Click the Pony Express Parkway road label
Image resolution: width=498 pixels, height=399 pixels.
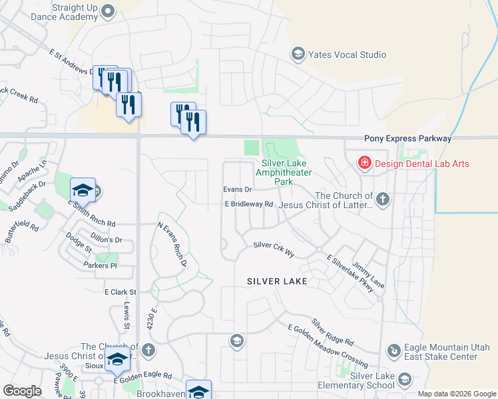pyautogui.click(x=407, y=139)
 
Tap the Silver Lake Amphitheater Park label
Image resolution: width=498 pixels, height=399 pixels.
pyautogui.click(x=287, y=172)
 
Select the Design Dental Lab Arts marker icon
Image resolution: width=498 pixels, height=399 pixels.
pyautogui.click(x=364, y=163)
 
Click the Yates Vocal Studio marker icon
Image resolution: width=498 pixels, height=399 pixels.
pyautogui.click(x=298, y=55)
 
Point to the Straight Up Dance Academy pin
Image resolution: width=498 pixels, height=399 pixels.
pyautogui.click(x=111, y=11)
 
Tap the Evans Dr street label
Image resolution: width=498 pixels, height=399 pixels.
pyautogui.click(x=236, y=190)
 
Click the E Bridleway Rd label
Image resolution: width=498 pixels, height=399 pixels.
pyautogui.click(x=249, y=204)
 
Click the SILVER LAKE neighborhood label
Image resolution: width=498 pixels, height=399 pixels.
pyautogui.click(x=277, y=281)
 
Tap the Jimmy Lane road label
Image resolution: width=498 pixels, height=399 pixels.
pyautogui.click(x=368, y=275)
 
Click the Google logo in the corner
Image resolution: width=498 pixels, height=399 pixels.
pyautogui.click(x=22, y=390)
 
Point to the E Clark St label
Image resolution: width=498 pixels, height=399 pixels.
pyautogui.click(x=120, y=292)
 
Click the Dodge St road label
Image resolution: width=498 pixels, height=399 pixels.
pyautogui.click(x=78, y=242)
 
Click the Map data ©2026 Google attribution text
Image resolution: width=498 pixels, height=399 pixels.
pyautogui.click(x=456, y=394)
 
